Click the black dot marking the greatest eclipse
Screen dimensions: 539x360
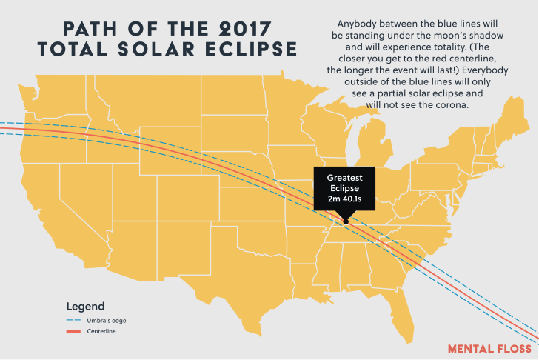[346, 221]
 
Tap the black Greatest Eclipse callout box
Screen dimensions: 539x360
[344, 188]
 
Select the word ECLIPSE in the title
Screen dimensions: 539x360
[251, 49]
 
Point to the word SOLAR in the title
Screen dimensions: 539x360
[156, 49]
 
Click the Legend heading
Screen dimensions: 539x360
[86, 307]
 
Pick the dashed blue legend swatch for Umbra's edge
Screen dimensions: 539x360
[73, 320]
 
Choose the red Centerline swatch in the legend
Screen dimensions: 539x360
[73, 331]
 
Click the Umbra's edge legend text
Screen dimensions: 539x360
[107, 321]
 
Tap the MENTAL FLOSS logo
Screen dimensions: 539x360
[490, 349]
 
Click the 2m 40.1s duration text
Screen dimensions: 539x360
[344, 199]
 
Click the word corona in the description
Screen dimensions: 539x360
[452, 105]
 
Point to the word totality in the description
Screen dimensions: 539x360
[448, 47]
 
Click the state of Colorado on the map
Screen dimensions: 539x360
[188, 198]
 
